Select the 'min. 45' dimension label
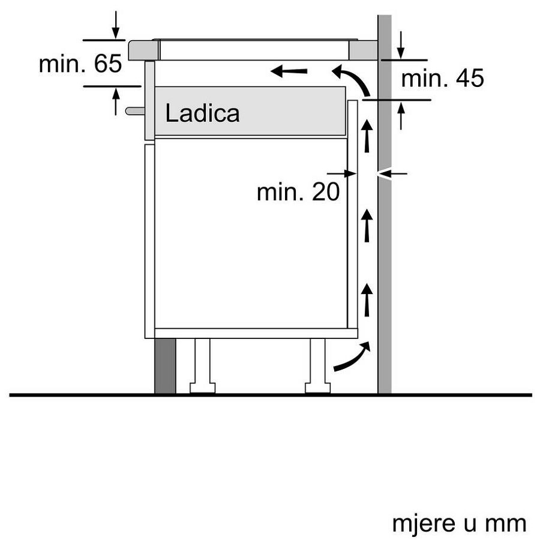click(442, 78)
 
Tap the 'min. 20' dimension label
click(298, 192)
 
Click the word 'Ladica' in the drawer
click(202, 113)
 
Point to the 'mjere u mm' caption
click(459, 523)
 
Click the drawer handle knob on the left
click(134, 110)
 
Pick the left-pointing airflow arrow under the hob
click(289, 72)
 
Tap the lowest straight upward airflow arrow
click(367, 299)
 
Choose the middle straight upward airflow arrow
click(367, 226)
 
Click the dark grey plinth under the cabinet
click(165, 365)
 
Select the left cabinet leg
click(202, 366)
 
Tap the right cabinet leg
click(317, 366)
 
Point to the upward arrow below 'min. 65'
click(116, 100)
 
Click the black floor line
click(270, 395)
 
